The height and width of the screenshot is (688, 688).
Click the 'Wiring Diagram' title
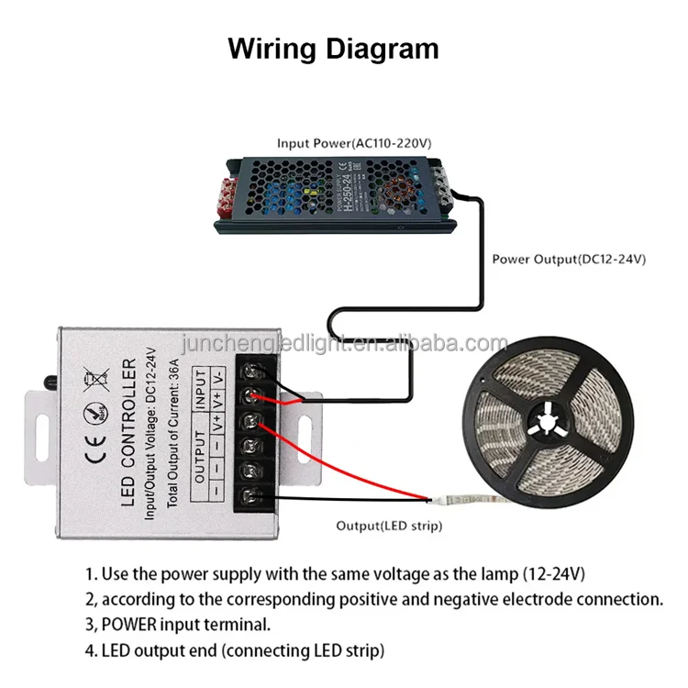click(333, 48)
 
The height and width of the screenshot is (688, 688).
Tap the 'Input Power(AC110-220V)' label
click(354, 144)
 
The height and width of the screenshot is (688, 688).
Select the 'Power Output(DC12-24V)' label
click(569, 259)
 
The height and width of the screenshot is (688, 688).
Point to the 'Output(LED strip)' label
click(388, 526)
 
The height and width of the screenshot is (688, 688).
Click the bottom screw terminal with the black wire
click(253, 499)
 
